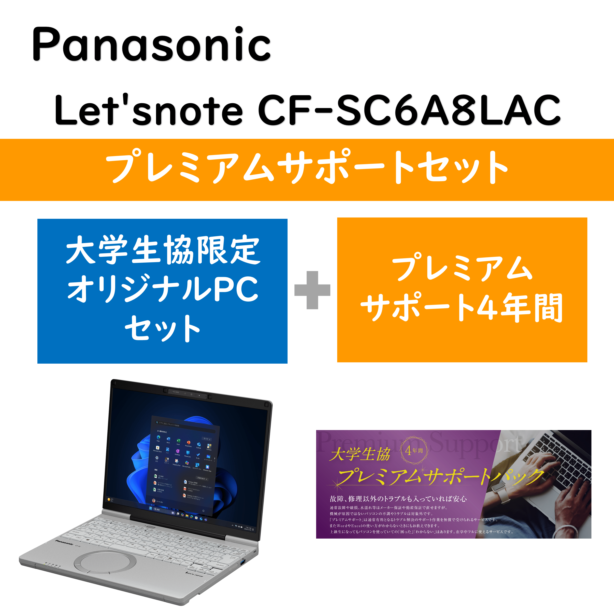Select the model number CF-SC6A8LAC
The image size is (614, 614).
click(409, 110)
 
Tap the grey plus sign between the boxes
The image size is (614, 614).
click(312, 290)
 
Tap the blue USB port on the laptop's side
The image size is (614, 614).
click(243, 563)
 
